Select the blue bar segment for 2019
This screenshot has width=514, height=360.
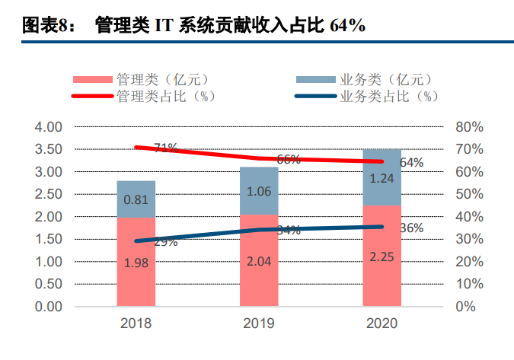pos(259,190)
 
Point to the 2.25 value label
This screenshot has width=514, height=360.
pos(382,256)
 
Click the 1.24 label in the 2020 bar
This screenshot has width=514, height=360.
pos(382,179)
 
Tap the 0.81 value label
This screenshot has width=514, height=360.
pos(136,200)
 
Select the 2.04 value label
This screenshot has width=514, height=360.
pos(259,261)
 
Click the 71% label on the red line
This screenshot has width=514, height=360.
pos(165,148)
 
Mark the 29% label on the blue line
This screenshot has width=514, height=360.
pos(165,242)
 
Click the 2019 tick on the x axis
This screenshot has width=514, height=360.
pos(259,323)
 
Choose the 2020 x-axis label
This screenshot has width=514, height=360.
pos(382,323)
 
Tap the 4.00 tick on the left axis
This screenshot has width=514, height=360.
pos(48,126)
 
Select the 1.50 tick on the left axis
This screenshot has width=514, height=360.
pos(48,239)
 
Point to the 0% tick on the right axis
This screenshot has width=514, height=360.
pos(465,307)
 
